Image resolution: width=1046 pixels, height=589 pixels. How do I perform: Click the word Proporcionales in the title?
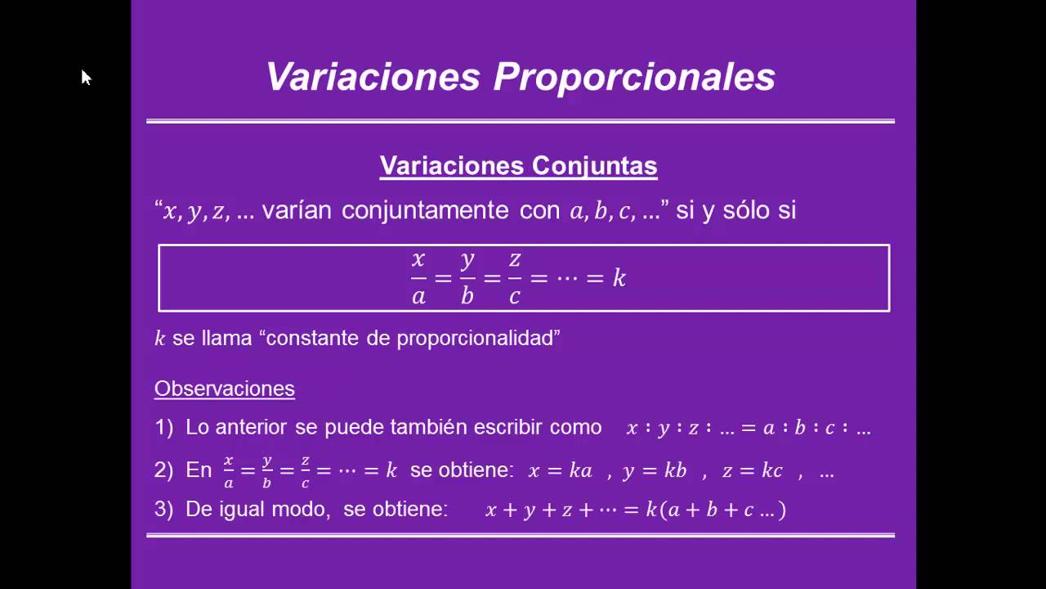634,78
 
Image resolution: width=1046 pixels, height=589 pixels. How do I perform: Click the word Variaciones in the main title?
373,78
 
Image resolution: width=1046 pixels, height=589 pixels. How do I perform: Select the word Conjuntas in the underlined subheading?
595,166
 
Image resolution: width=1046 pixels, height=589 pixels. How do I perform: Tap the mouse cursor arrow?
86,78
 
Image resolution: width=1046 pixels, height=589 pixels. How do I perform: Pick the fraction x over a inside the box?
418,278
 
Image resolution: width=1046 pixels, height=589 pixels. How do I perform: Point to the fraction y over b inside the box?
467,278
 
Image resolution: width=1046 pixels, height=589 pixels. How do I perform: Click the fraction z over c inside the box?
515,278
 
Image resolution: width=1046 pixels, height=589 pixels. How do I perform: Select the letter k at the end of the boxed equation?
619,278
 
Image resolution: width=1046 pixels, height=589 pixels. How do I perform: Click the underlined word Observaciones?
225,389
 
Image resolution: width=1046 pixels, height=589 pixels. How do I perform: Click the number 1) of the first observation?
164,427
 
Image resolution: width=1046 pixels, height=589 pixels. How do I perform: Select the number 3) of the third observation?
164,509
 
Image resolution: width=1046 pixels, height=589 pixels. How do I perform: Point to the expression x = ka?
560,470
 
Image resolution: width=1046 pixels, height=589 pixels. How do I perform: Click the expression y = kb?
654,471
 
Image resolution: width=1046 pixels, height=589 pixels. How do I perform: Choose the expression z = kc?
749,470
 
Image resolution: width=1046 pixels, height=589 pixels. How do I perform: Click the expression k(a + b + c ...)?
716,510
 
